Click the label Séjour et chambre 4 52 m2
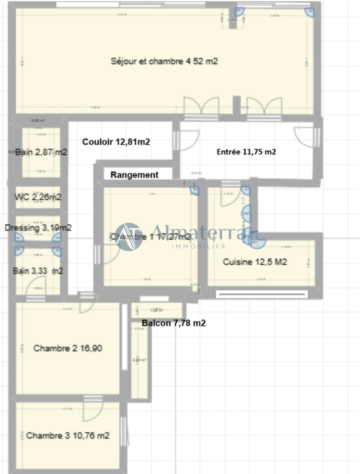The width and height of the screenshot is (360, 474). pos(164,61)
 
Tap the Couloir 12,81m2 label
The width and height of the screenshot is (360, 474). pos(116,142)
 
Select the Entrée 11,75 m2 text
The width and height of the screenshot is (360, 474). pos(246,152)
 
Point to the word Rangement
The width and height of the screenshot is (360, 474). pos(134,175)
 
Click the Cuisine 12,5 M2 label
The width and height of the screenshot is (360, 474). pos(255,262)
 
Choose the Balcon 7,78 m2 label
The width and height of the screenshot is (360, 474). pos(174,323)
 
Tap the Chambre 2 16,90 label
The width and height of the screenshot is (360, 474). pos(68,348)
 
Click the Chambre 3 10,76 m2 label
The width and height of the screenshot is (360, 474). pos(68,436)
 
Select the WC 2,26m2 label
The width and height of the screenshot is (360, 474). pos(38,197)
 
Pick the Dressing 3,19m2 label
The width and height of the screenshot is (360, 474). pos(38,228)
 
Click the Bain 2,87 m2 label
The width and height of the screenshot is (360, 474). pos(41,153)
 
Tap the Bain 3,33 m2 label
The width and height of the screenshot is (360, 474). pos(38,271)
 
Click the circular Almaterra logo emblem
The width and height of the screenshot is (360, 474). pos(129,237)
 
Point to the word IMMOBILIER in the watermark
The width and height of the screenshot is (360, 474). pos(198,246)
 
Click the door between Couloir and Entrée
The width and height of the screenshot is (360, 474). pos(186,141)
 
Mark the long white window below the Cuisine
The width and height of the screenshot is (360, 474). pos(262,294)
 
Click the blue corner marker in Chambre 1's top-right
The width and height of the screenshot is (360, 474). pos(194,190)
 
